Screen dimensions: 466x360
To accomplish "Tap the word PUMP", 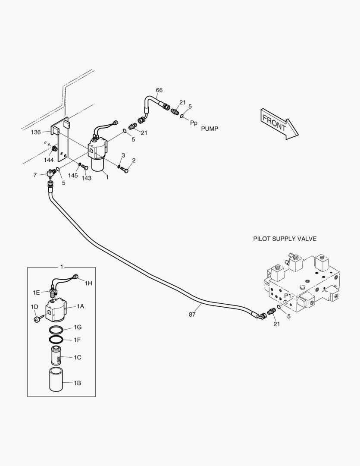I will [210, 129].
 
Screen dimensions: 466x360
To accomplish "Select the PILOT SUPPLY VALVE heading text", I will [285, 239].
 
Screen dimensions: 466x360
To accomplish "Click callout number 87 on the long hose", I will [192, 315].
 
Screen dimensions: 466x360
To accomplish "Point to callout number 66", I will [159, 90].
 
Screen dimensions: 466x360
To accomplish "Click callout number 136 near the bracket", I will [35, 132].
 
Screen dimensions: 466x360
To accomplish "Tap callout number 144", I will [49, 160].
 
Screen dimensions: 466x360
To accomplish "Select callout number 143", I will [86, 178].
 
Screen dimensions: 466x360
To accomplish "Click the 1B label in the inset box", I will [78, 383].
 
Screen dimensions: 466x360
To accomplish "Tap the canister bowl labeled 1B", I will [56, 380].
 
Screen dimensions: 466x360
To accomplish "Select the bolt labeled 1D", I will [37, 319].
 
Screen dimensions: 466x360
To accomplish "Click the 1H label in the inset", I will [88, 283].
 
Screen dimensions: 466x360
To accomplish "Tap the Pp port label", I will [194, 123].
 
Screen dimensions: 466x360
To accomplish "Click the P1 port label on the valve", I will [288, 295].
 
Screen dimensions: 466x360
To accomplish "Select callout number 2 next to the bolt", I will [134, 161].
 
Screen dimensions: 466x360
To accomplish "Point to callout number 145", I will [73, 175].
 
